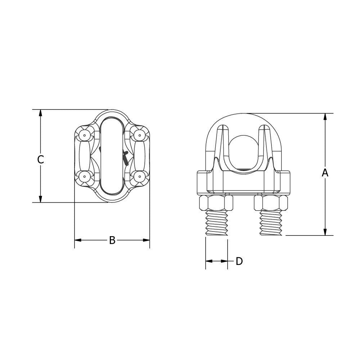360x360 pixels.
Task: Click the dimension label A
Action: coord(325,173)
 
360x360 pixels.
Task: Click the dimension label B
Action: coord(112,240)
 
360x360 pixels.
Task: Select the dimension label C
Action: coord(41,159)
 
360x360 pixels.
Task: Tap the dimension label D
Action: coord(239,262)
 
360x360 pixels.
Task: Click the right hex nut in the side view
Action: coord(271,203)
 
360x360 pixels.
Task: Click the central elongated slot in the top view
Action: coord(112,156)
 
